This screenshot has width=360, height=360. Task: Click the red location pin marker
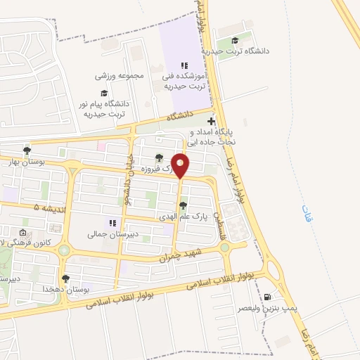tap(180, 165)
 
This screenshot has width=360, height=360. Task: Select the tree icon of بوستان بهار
tap(27, 150)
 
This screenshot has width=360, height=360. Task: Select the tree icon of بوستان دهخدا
tap(65, 279)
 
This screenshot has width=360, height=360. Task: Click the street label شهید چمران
tap(181, 255)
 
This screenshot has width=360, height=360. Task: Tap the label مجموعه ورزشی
tap(120, 75)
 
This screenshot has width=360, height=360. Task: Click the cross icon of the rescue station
tap(211, 122)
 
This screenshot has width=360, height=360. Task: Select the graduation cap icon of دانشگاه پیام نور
tap(104, 93)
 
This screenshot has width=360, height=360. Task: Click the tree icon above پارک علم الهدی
tap(183, 206)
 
